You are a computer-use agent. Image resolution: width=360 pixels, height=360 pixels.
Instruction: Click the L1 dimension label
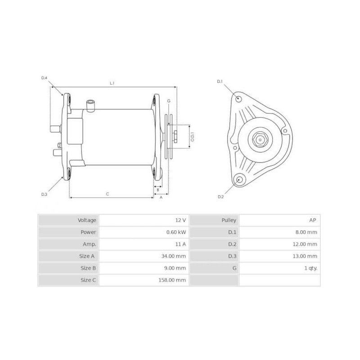(112, 83)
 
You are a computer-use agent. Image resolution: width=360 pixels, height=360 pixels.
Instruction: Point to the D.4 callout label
(44, 78)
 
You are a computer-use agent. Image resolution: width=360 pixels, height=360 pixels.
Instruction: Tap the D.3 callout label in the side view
(44, 194)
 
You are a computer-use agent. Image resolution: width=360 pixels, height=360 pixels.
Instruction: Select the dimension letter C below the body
(107, 193)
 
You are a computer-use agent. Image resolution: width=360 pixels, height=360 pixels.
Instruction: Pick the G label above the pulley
(169, 101)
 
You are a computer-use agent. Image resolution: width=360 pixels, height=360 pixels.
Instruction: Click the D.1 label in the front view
(220, 81)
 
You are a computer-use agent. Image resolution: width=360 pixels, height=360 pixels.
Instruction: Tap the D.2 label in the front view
(220, 197)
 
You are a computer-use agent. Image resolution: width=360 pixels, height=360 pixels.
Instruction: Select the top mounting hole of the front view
(238, 99)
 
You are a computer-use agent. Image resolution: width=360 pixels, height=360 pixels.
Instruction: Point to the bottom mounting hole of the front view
(239, 180)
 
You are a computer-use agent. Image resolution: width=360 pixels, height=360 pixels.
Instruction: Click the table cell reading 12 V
(180, 220)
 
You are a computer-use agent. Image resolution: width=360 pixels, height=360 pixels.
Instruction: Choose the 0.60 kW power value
(176, 232)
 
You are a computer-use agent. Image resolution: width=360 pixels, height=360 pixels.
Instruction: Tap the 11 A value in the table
(181, 244)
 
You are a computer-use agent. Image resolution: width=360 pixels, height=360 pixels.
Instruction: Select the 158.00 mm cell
(174, 280)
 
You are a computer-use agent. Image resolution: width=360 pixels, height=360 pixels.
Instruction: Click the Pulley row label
(229, 220)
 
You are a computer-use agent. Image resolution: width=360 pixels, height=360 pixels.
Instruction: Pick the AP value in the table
(313, 220)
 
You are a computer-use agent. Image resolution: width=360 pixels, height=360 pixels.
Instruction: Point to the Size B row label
(88, 268)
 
